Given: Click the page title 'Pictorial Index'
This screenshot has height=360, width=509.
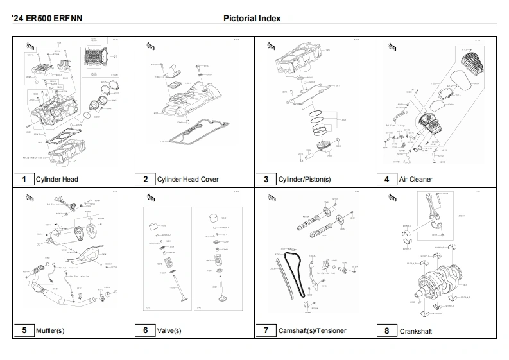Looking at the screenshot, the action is click(x=252, y=18).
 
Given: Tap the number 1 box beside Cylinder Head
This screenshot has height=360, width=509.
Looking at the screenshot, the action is click(x=24, y=179).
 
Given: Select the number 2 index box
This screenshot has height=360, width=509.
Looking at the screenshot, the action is click(x=145, y=179).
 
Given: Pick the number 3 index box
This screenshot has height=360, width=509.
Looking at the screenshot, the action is click(x=266, y=179).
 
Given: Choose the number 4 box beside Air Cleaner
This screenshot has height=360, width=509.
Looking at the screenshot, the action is click(x=386, y=179).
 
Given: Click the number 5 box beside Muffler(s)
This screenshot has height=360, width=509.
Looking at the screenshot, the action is click(x=24, y=330).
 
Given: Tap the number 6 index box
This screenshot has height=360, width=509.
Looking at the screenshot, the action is click(x=145, y=330).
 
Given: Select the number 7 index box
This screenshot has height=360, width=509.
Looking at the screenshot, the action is click(x=266, y=330).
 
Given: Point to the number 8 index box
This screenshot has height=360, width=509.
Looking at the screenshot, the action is click(x=386, y=330).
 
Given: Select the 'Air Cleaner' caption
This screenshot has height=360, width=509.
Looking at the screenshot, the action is click(x=415, y=180).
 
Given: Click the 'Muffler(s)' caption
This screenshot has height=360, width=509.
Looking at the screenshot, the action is click(x=50, y=331).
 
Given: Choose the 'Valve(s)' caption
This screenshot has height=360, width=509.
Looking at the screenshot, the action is click(x=169, y=331).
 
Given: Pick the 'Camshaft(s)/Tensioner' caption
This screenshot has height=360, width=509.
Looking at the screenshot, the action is click(x=312, y=331).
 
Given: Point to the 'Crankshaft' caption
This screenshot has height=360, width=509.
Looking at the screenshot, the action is click(x=416, y=331).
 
